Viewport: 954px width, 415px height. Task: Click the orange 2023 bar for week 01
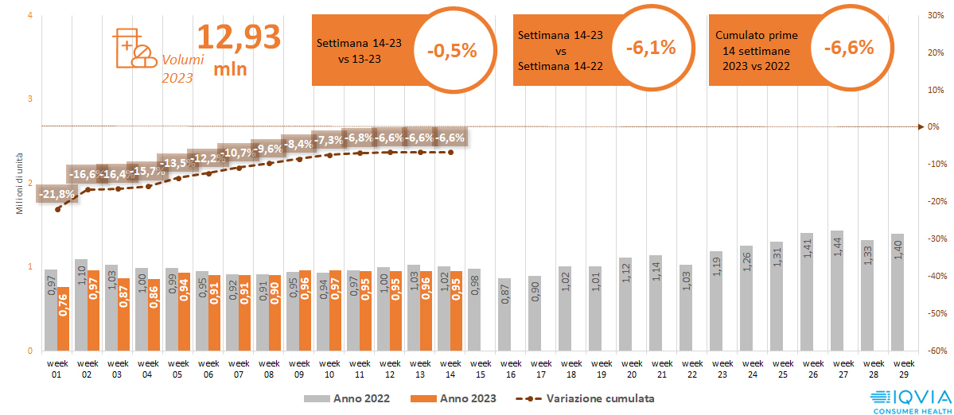click(63, 319)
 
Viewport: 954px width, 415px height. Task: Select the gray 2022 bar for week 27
click(836, 291)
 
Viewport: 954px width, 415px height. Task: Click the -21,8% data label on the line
click(56, 194)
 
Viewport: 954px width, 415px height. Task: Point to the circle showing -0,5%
click(451, 50)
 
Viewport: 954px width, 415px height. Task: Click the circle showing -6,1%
click(650, 48)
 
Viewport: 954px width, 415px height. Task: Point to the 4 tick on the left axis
click(29, 15)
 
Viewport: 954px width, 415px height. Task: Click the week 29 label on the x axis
click(904, 369)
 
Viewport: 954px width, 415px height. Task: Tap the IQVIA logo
click(909, 399)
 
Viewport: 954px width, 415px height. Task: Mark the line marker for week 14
click(451, 152)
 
